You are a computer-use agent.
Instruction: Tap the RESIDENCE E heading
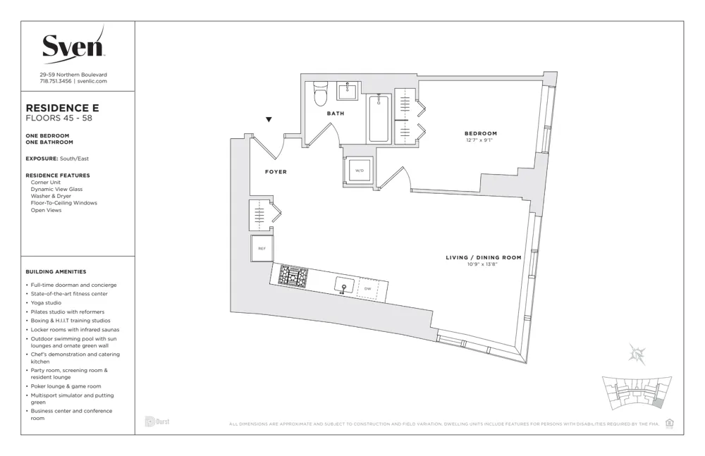pos(62,108)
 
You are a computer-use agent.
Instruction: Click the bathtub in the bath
pos(379,118)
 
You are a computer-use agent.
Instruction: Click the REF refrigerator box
pos(262,248)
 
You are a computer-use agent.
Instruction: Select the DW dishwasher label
pos(367,288)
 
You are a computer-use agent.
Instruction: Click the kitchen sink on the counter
pos(345,285)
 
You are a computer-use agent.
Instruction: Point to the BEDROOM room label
pos(480,133)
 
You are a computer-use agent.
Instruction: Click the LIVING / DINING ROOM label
pos(484,257)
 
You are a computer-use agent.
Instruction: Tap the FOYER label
pos(276,172)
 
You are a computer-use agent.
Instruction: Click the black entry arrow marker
pos(269,120)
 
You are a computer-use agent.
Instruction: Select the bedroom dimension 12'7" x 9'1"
pos(479,140)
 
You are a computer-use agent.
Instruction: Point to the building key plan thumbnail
pos(632,393)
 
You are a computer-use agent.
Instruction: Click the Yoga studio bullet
pos(46,302)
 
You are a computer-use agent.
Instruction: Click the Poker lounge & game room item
pos(66,386)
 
